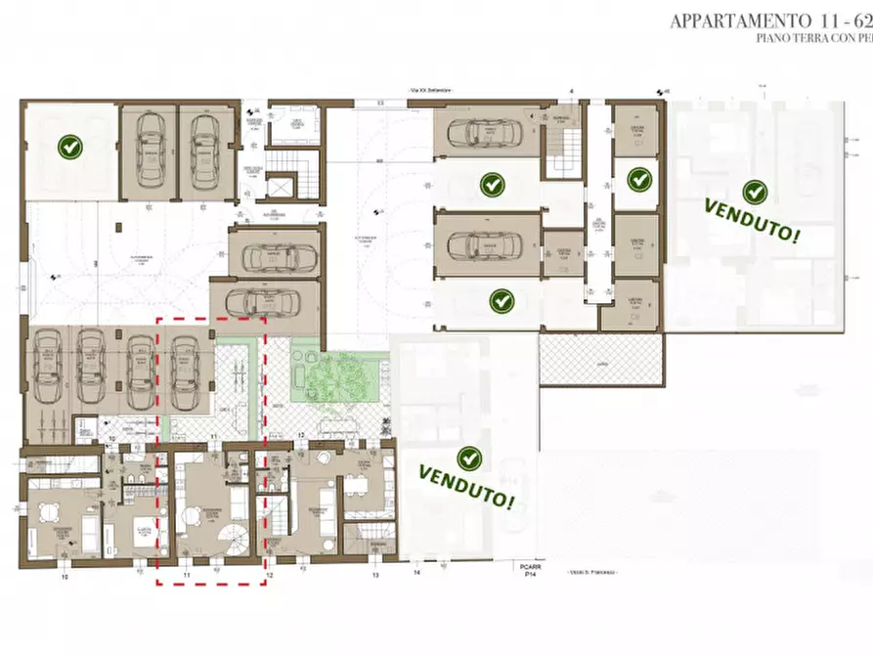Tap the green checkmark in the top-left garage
pyautogui.click(x=70, y=148)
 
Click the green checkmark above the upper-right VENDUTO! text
pyautogui.click(x=753, y=192)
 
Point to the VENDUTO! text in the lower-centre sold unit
pyautogui.click(x=467, y=486)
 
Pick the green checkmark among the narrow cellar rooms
pyautogui.click(x=639, y=179)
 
